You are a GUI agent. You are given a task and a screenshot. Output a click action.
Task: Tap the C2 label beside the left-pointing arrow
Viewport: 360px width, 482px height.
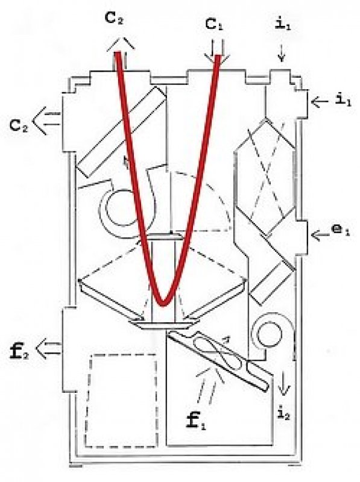(19, 125)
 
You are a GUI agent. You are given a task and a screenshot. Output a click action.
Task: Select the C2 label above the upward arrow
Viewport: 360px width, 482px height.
(115, 19)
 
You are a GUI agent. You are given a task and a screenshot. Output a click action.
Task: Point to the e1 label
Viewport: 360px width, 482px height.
(342, 231)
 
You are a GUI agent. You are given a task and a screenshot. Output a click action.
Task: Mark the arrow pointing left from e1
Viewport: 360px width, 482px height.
(320, 235)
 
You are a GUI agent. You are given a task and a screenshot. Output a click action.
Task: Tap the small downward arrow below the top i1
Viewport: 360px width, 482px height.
(282, 54)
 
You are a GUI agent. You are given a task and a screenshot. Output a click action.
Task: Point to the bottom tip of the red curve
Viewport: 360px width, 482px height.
(163, 304)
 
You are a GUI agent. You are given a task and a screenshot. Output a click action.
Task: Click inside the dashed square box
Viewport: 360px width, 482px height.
(122, 401)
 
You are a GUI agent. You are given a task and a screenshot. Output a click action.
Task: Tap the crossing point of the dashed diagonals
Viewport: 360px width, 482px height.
(267, 178)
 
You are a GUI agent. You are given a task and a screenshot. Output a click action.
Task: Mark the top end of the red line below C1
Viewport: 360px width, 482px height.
(218, 57)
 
